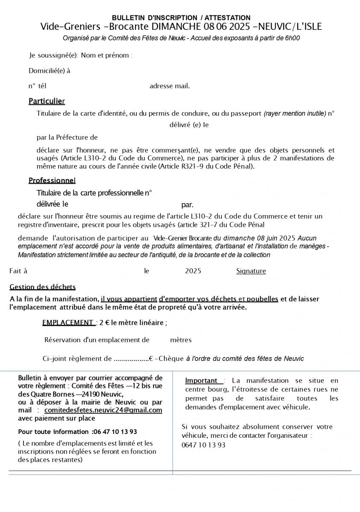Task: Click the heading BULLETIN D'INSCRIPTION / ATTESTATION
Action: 181,18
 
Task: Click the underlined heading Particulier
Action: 47,101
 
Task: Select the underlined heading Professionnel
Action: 52,180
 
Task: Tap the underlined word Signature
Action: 251,271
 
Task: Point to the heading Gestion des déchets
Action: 42,287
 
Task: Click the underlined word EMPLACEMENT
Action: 68,323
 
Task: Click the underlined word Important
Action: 201,381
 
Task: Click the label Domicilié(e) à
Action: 50,71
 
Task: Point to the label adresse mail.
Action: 170,86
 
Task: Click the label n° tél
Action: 37,86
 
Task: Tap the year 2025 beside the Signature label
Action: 193,271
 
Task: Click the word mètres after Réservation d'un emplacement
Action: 181,340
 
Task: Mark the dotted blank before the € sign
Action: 131,359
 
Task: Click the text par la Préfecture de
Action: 67,137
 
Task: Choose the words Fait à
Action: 18,271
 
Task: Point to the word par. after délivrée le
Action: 187,205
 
